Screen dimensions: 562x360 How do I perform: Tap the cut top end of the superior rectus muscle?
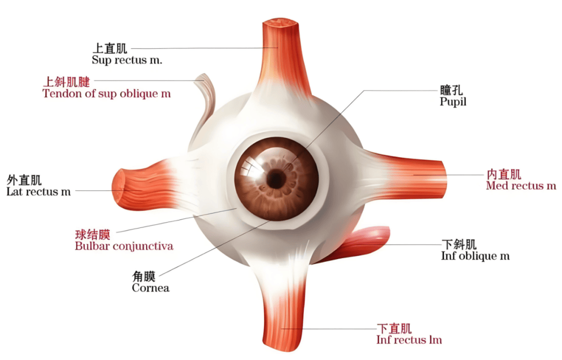tap(280, 23)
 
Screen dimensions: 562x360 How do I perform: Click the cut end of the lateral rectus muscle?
tap(119, 187)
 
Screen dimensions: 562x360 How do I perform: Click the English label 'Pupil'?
tap(453, 102)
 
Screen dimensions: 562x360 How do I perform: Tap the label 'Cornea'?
tap(150, 288)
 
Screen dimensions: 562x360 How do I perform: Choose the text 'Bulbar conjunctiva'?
tap(124, 247)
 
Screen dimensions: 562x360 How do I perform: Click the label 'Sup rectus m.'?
tap(127, 60)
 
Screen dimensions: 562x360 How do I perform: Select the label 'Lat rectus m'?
tap(39, 191)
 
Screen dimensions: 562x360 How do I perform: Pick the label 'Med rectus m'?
tap(521, 186)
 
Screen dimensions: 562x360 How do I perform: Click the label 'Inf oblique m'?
tap(475, 256)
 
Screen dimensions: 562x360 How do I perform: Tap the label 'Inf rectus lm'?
tap(409, 340)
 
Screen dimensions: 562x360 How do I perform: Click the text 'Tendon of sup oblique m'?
tap(107, 94)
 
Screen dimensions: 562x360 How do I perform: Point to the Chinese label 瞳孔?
tap(451, 90)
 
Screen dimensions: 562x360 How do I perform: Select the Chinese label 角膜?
tap(144, 276)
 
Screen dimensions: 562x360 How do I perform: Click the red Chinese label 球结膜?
tap(93, 235)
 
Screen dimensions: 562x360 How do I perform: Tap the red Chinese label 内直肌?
tap(504, 174)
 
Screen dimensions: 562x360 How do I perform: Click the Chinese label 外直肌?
tap(24, 180)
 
